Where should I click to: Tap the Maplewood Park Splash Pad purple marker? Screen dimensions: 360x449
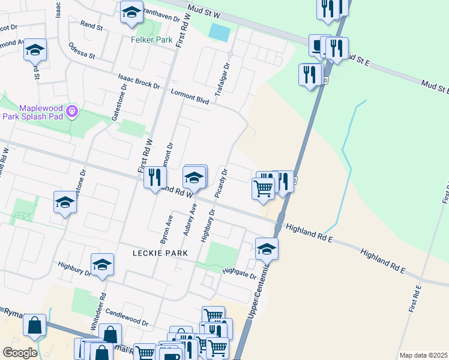(x=72, y=111)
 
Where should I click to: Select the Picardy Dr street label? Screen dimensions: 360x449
(x=220, y=184)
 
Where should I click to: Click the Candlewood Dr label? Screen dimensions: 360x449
(x=126, y=317)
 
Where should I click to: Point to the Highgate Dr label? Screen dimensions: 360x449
(x=240, y=273)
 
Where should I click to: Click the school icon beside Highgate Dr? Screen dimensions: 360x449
(x=267, y=248)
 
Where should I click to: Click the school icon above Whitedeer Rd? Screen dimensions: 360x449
(x=102, y=264)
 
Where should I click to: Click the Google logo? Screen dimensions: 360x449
(x=19, y=353)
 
